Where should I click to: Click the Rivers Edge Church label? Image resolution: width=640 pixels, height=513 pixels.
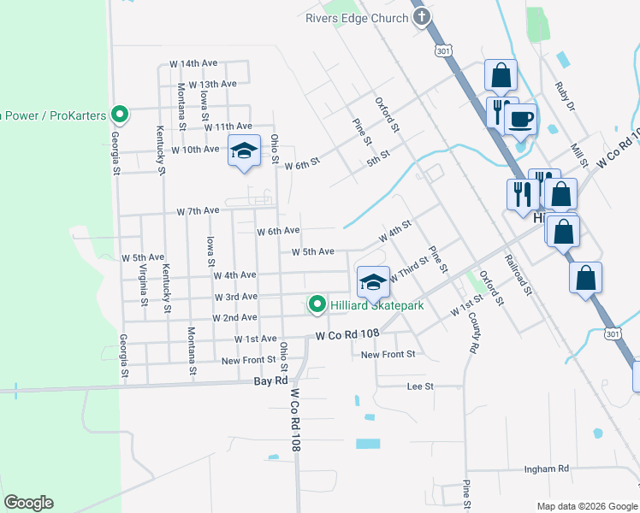pyautogui.click(x=358, y=19)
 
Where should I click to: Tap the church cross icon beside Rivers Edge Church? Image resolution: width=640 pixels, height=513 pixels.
pyautogui.click(x=421, y=19)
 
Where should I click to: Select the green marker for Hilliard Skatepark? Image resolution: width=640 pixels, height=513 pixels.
pyautogui.click(x=317, y=304)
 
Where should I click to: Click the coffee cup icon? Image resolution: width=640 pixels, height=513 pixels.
pyautogui.click(x=519, y=119)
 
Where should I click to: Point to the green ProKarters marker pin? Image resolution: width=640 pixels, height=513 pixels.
pyautogui.click(x=121, y=114)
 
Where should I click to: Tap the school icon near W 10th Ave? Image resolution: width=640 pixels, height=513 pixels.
pyautogui.click(x=244, y=152)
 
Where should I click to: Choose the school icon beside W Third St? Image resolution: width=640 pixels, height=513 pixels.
pyautogui.click(x=372, y=281)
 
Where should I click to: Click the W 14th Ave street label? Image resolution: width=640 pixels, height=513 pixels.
pyautogui.click(x=194, y=63)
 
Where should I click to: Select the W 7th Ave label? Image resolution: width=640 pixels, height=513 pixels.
pyautogui.click(x=199, y=210)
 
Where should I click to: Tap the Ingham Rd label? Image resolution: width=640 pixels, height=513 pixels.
pyautogui.click(x=547, y=469)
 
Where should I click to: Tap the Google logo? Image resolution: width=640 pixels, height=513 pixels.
pyautogui.click(x=28, y=503)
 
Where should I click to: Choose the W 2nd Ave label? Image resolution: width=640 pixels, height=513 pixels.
pyautogui.click(x=234, y=317)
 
